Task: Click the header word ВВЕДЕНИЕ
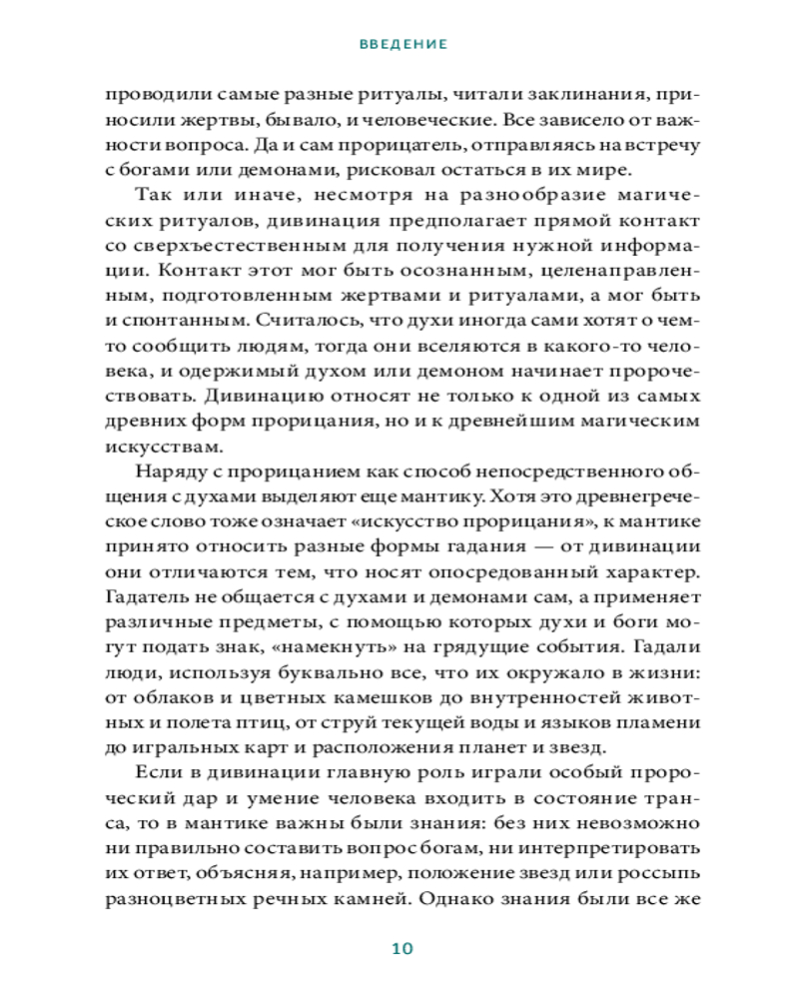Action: point(402,45)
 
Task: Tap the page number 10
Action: point(402,948)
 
